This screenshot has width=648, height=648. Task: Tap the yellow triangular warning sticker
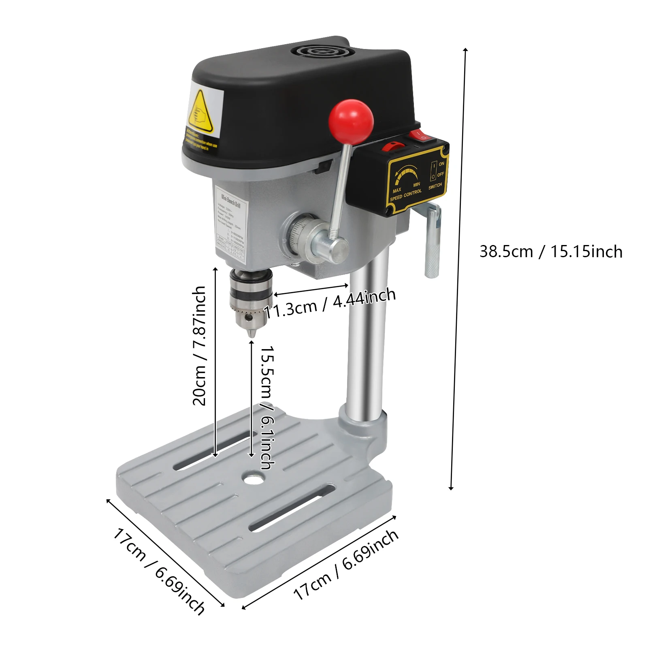200,112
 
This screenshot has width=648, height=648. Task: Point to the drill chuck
250,298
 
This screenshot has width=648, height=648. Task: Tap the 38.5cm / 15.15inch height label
551,252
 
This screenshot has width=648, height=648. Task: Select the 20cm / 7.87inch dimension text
199,346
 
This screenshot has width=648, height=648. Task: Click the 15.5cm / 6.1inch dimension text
267,407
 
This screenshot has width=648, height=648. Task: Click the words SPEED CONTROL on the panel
406,195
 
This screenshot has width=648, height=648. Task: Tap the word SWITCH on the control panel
435,186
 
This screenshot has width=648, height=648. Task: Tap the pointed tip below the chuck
252,334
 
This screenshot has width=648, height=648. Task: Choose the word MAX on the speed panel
397,190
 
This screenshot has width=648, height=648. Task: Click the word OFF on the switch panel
441,174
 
